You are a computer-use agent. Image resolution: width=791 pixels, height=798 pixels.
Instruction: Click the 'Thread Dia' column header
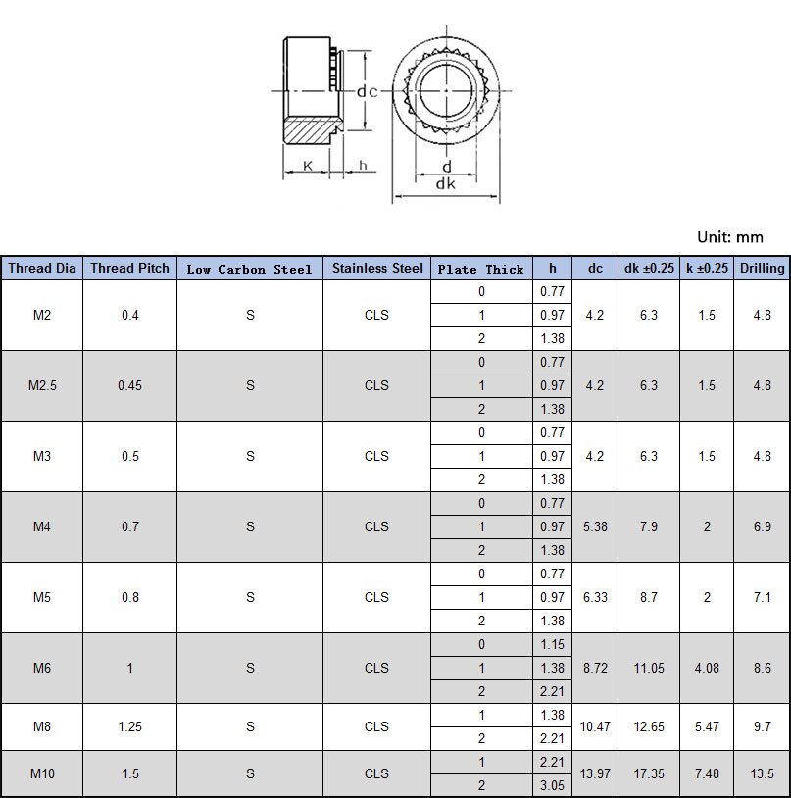point(41,268)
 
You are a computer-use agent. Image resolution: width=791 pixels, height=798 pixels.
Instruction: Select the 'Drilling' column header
point(762,268)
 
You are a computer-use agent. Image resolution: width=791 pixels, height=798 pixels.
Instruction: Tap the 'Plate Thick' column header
point(480,269)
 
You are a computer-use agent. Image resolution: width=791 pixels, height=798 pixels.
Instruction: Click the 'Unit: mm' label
point(729,236)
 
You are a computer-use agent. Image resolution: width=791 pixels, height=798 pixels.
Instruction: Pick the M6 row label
point(41,668)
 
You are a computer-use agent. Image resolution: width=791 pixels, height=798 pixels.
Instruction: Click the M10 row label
point(41,773)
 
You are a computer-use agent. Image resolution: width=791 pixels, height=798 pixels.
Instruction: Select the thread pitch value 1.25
point(129,726)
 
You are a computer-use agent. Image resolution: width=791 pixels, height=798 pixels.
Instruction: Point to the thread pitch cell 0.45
point(129,385)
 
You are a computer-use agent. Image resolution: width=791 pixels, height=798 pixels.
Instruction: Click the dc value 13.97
point(595,773)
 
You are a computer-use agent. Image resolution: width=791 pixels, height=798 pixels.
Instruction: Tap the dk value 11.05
point(649,668)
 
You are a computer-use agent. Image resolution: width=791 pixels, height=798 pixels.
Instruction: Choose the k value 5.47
point(707,726)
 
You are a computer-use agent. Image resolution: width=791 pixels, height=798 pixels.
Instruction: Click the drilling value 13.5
point(762,773)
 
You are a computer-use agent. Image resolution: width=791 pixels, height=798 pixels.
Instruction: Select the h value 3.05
point(553,785)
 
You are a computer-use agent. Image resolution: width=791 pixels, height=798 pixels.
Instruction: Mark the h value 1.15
point(553,644)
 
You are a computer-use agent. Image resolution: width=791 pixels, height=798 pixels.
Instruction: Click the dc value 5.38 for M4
point(595,526)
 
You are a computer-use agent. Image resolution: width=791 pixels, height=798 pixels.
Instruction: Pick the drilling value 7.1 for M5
point(762,597)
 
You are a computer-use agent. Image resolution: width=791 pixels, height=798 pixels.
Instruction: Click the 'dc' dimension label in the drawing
point(367,91)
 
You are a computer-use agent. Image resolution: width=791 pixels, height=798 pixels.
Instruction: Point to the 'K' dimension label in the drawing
point(308,166)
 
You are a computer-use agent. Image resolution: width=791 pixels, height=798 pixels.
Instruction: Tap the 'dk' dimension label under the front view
point(446,183)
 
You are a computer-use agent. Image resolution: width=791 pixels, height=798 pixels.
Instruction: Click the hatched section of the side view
point(308,128)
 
